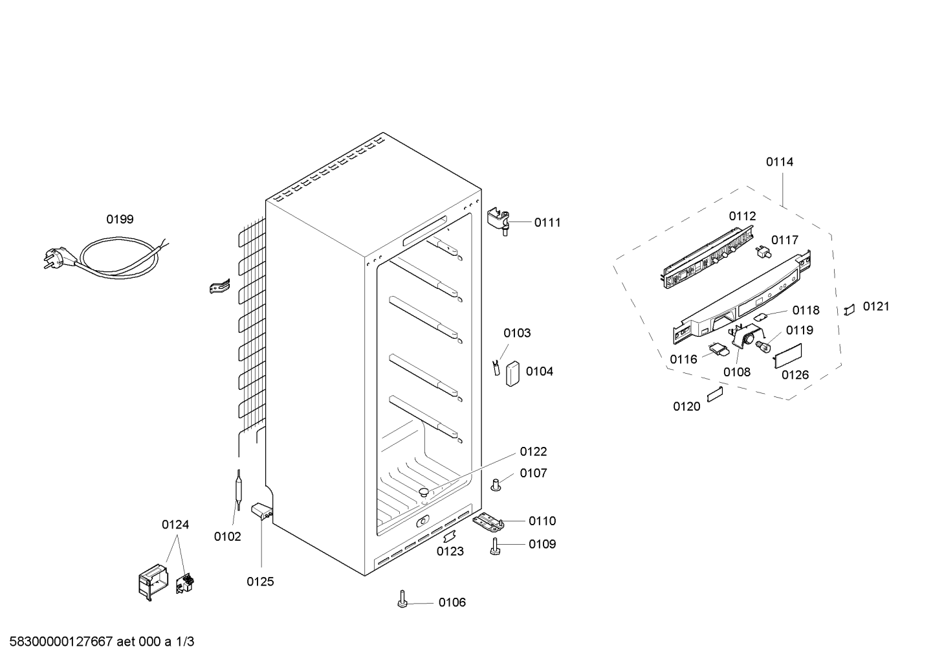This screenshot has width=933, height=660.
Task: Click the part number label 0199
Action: (x=120, y=219)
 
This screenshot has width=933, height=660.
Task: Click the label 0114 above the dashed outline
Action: (x=779, y=162)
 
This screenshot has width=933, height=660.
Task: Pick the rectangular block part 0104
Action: (x=513, y=373)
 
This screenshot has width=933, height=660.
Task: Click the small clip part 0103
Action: (x=496, y=367)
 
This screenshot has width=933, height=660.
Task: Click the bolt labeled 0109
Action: (x=496, y=546)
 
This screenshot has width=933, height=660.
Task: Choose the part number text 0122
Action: (x=533, y=451)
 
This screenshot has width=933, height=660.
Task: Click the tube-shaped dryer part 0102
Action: (x=238, y=494)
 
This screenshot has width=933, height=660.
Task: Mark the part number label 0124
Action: (x=175, y=525)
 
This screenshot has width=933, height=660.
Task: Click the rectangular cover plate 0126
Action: (x=789, y=356)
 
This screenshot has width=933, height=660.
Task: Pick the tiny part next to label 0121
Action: (x=850, y=310)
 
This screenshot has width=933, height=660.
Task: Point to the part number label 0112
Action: (x=742, y=216)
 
